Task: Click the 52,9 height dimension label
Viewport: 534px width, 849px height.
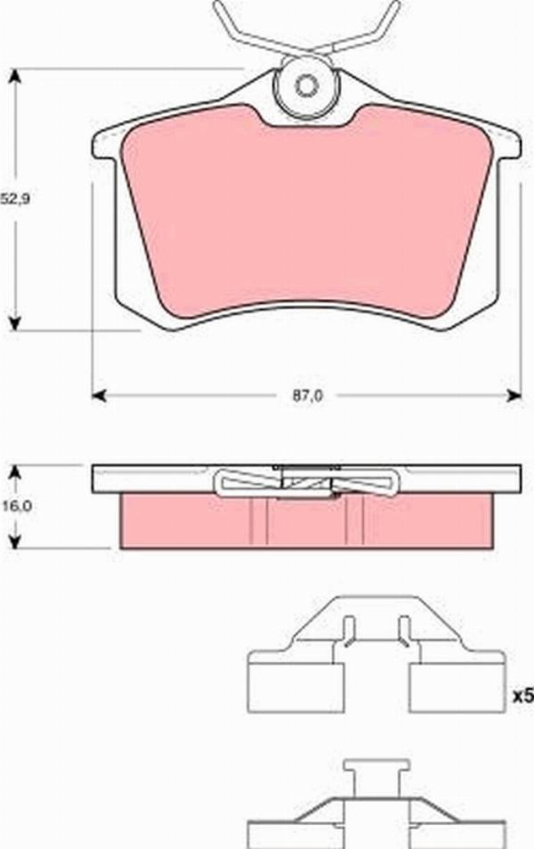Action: pyautogui.click(x=15, y=200)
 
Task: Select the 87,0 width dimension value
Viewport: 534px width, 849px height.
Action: pyautogui.click(x=307, y=397)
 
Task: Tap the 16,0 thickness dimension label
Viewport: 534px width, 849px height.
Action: pyautogui.click(x=15, y=505)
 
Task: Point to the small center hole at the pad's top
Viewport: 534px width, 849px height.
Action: pyautogui.click(x=307, y=86)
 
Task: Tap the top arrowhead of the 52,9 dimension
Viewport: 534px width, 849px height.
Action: pyautogui.click(x=14, y=77)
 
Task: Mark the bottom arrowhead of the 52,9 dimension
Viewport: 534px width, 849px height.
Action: pyautogui.click(x=14, y=322)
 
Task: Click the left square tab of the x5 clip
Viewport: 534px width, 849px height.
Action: pyautogui.click(x=295, y=687)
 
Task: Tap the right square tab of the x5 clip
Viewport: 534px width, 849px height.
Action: pyautogui.click(x=457, y=687)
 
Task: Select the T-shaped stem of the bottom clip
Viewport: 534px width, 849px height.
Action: pyautogui.click(x=376, y=774)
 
